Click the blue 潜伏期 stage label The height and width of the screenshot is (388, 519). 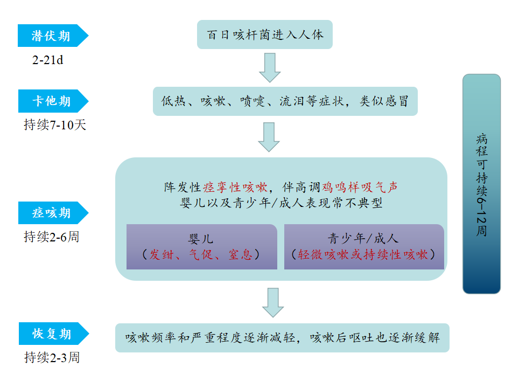coord(51,36)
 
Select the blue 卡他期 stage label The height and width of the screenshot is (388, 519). coord(51,101)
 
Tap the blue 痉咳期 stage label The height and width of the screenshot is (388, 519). coord(51,213)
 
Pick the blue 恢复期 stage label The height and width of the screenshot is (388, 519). coord(51,334)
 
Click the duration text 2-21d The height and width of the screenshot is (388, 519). coord(48,60)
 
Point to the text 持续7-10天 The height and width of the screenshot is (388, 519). coord(55,125)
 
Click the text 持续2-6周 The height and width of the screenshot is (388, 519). coord(52,237)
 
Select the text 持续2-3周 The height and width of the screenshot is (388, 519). coord(52,357)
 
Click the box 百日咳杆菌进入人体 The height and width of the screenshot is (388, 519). coord(265,35)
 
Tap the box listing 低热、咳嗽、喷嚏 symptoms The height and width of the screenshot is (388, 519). coord(285,101)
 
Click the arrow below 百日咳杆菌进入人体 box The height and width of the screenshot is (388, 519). coord(269,67)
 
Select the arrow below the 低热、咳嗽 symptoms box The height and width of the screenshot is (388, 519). coord(269,137)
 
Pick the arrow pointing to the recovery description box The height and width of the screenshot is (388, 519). coord(273,302)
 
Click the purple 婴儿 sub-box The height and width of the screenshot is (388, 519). coord(201,247)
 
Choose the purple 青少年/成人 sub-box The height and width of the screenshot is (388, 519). coord(364,247)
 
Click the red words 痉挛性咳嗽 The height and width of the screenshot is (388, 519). coord(235,187)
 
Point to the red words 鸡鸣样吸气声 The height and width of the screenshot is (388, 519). coord(360,187)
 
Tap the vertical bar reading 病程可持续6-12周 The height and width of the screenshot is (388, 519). coord(481,184)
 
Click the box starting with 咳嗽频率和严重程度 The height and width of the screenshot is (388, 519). coord(282,338)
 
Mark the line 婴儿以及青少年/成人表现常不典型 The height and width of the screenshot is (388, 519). coord(282,203)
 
